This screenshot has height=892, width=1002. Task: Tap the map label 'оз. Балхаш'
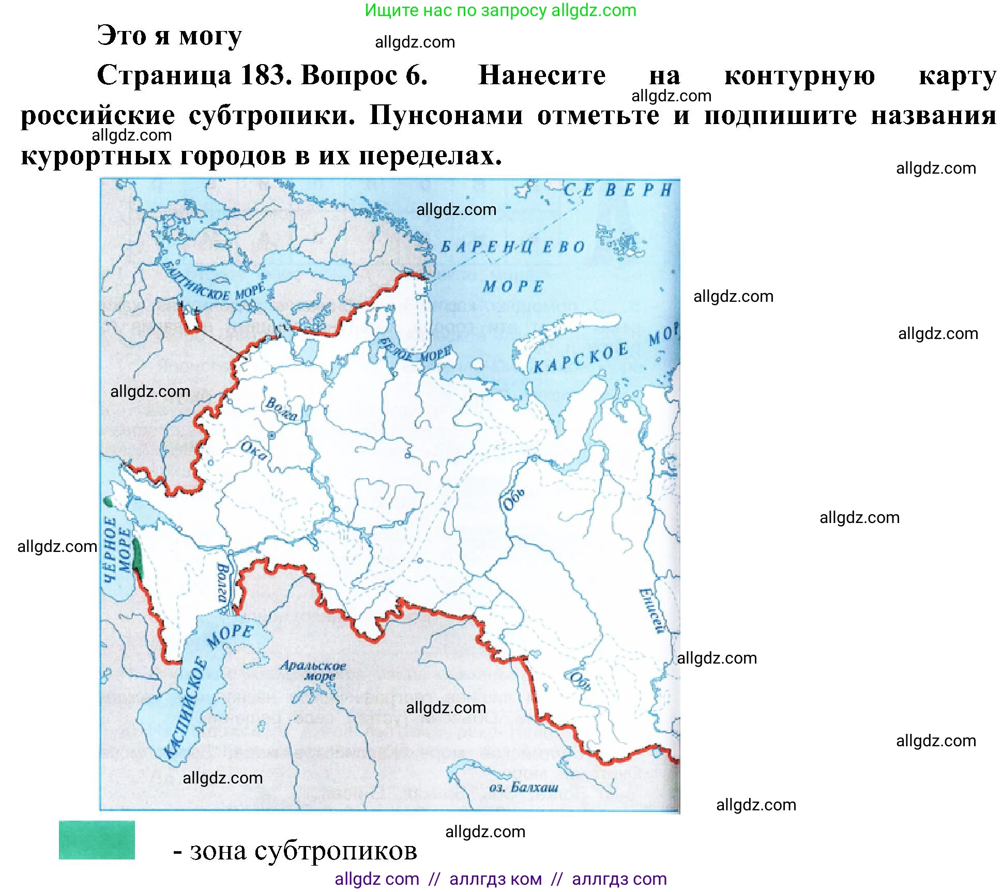click(523, 787)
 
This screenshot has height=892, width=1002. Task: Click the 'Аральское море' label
click(313, 670)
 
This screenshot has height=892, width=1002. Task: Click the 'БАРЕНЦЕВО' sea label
click(512, 247)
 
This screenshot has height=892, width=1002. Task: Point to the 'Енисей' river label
click(651, 610)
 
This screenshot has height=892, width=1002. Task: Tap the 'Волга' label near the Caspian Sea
click(222, 583)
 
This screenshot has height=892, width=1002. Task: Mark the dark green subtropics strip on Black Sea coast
click(137, 554)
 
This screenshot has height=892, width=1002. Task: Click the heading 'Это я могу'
click(169, 36)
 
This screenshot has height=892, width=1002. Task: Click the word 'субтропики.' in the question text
click(272, 115)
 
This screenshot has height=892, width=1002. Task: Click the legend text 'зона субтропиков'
click(303, 851)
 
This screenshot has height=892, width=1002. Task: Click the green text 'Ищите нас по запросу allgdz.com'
click(500, 10)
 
